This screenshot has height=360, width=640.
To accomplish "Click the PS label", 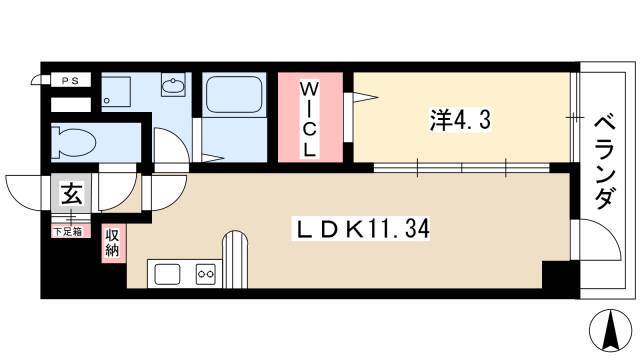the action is coord(70,81).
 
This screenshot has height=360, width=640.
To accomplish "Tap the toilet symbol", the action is coord(74,142).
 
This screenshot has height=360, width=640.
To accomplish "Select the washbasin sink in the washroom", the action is coord(173,86).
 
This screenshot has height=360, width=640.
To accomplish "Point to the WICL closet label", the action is coord(310,120).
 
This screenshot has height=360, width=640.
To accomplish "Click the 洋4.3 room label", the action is coord(460,120).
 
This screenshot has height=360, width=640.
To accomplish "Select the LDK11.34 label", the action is coord(361,229).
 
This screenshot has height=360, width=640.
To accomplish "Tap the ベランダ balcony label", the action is coord(604,162).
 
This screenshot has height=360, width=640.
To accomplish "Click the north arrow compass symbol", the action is coord(611,331).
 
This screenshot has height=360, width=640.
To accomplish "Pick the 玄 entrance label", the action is coord(71,193).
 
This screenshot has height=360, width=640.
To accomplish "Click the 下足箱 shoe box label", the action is coord(68,231).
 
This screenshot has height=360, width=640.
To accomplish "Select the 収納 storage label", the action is coord(112,243).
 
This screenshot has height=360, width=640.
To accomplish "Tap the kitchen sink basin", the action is coord(167,274).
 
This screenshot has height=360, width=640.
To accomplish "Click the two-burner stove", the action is coord(205,274).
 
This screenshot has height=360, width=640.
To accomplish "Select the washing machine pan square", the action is coord(116,92).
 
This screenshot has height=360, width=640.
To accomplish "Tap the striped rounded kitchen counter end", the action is coord(235,260).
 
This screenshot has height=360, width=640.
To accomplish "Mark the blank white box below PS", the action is coord(71,105).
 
